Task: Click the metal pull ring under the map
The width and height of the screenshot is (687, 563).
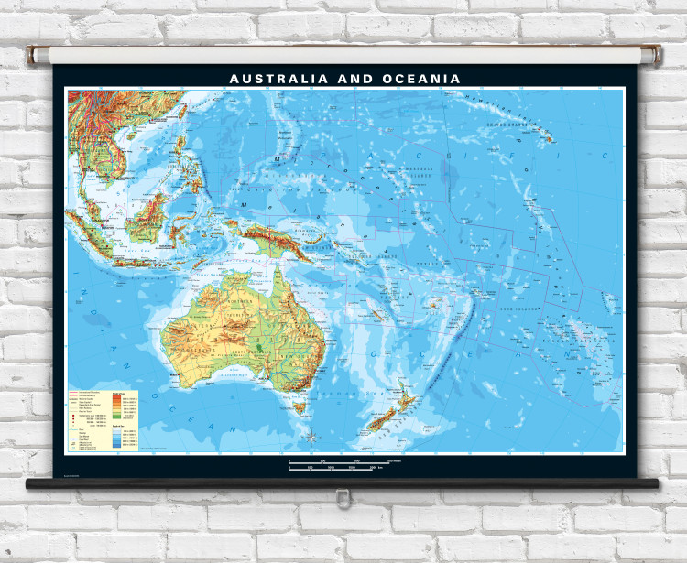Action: coord(343,497)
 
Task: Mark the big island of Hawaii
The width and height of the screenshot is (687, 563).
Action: coord(550,139)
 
